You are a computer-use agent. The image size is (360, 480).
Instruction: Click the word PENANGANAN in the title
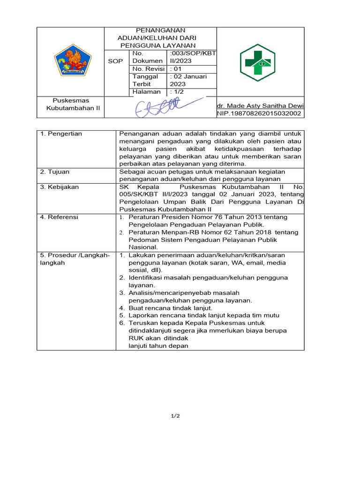pyautogui.click(x=160, y=30)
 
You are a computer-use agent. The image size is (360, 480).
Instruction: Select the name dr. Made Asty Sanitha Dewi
pyautogui.click(x=260, y=106)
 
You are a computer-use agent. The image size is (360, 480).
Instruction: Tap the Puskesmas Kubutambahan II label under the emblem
pyautogui.click(x=71, y=105)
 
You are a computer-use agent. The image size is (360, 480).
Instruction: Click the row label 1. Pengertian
pyautogui.click(x=61, y=134)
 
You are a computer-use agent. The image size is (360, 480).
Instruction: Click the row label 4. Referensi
pyautogui.click(x=60, y=217)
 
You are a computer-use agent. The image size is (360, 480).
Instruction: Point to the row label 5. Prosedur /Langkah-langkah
pyautogui.click(x=75, y=259)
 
